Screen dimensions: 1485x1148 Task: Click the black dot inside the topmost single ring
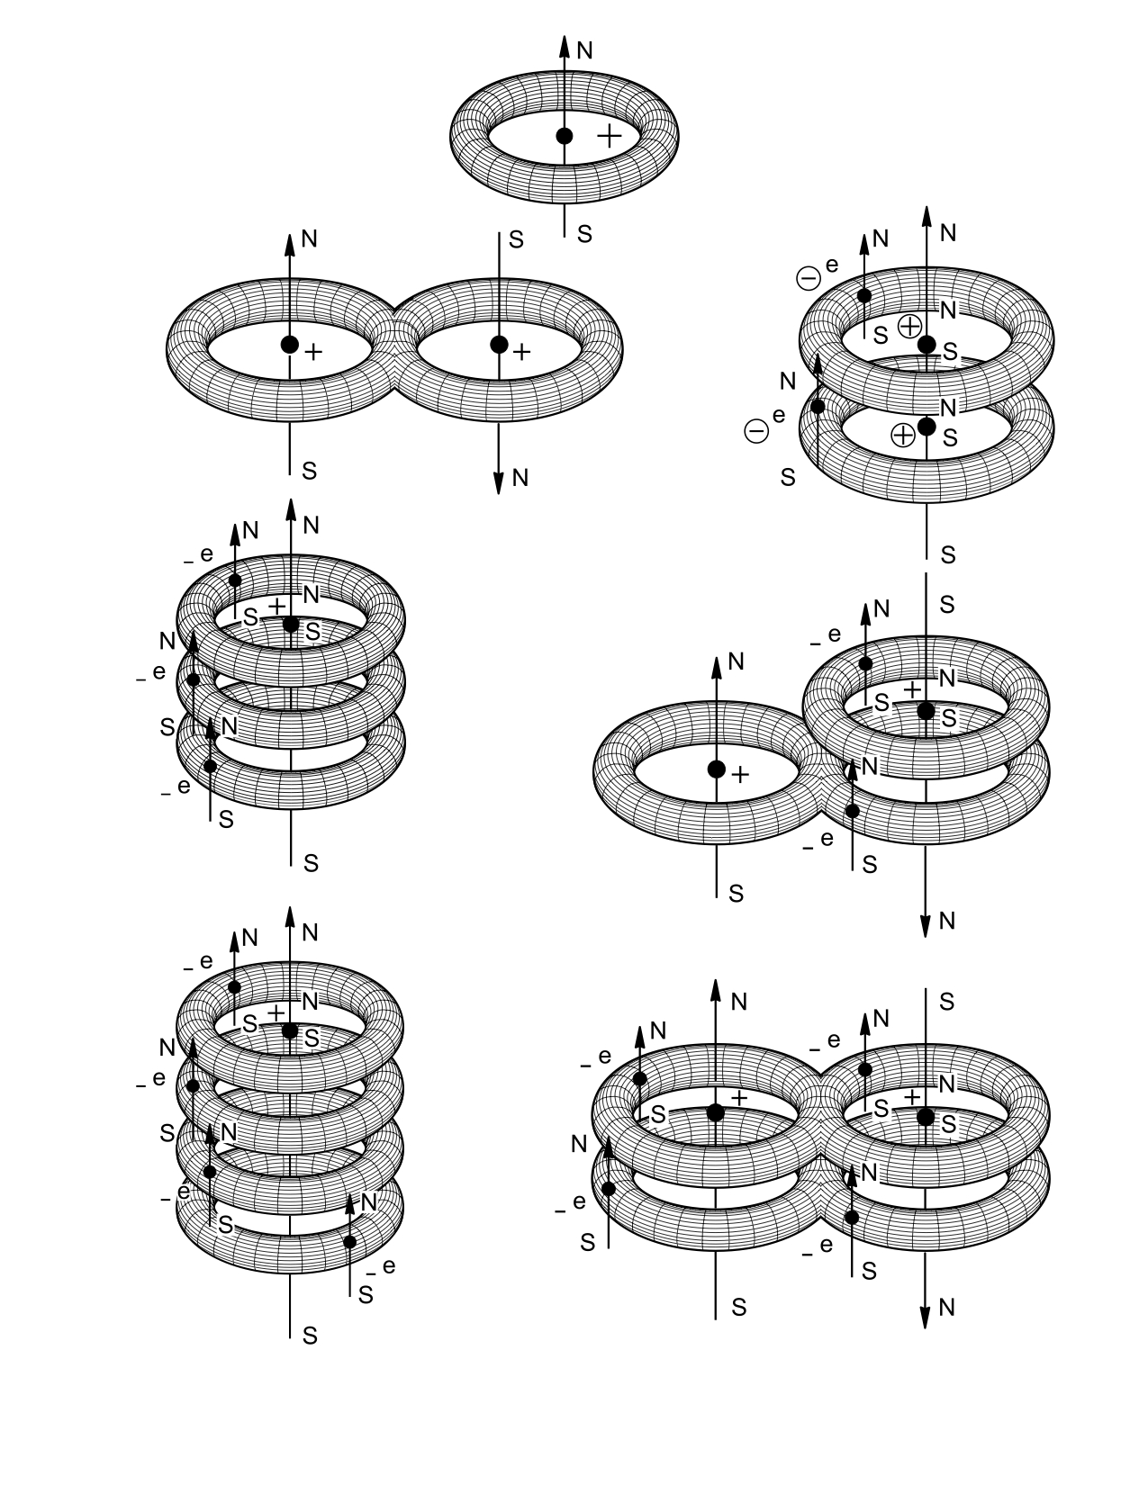tap(565, 136)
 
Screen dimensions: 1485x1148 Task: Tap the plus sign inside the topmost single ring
tap(610, 136)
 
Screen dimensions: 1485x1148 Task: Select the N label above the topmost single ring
tap(585, 50)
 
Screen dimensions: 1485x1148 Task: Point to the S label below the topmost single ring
tap(585, 234)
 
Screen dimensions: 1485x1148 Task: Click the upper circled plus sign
tap(910, 326)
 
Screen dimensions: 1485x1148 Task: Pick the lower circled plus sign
tap(902, 435)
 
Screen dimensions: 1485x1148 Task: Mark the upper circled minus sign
tap(809, 279)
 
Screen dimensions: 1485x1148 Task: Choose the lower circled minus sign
tap(757, 431)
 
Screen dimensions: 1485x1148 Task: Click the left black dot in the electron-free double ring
tap(289, 344)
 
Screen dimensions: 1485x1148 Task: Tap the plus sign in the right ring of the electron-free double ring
tap(521, 352)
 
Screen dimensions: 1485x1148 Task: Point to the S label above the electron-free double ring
tap(517, 239)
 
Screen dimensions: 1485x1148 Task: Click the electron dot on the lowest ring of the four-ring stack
tap(350, 1242)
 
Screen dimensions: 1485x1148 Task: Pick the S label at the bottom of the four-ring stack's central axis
tap(311, 1336)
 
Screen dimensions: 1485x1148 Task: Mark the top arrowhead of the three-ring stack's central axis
tap(290, 510)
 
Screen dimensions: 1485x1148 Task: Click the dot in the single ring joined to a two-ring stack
tap(716, 769)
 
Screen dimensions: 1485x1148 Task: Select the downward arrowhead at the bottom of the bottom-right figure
tap(926, 1316)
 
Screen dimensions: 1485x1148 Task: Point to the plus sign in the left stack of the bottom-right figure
tap(740, 1098)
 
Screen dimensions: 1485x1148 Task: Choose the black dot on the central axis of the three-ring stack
tap(290, 624)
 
